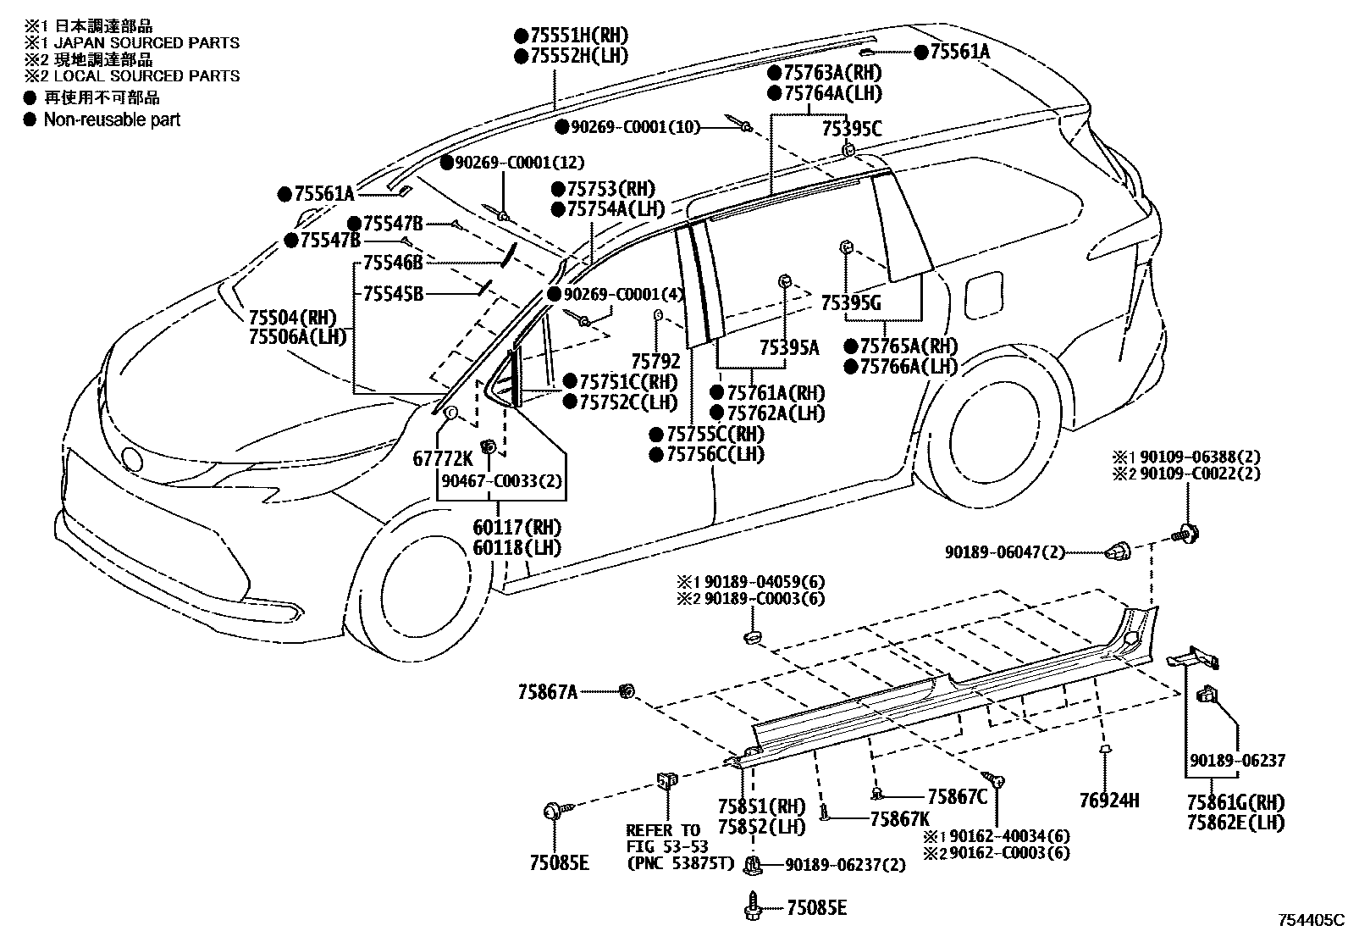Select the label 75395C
coord(852,129)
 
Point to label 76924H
coord(1109,799)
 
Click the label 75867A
coord(548,692)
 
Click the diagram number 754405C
coord(1311,919)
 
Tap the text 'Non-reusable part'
coord(112,120)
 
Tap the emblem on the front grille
coord(131,457)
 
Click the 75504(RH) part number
coord(292,318)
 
